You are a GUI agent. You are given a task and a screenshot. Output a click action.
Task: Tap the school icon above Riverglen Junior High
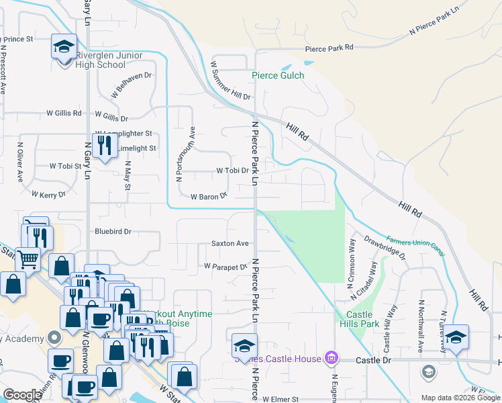pyautogui.click(x=64, y=46)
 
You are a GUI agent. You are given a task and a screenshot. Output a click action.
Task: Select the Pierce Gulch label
pyautogui.click(x=278, y=75)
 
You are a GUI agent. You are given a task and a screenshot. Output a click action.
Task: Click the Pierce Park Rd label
pyautogui.click(x=329, y=48)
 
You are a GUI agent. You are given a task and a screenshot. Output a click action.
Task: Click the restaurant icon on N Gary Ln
pyautogui.click(x=104, y=146)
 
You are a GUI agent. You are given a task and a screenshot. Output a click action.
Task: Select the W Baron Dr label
pyautogui.click(x=209, y=197)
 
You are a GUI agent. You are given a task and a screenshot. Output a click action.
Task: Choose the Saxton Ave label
pyautogui.click(x=230, y=243)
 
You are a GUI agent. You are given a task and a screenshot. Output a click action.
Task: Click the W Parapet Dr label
pyautogui.click(x=225, y=267)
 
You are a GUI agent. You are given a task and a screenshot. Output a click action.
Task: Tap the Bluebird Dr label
pyautogui.click(x=112, y=231)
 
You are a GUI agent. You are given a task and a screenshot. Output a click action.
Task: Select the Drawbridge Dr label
pyautogui.click(x=385, y=247)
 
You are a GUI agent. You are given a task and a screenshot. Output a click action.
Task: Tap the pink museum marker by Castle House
pyautogui.click(x=330, y=358)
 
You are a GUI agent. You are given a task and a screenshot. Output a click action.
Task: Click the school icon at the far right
pyautogui.click(x=456, y=338)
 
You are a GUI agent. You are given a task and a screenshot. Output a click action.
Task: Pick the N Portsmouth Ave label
pyautogui.click(x=180, y=154)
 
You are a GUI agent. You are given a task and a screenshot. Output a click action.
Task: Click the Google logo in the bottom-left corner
pyautogui.click(x=22, y=395)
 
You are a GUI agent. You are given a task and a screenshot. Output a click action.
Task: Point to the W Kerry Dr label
pyautogui.click(x=49, y=193)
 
